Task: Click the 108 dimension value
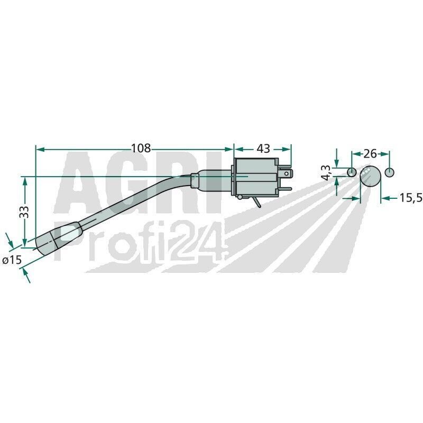pyautogui.click(x=141, y=148)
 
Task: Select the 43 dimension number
pyautogui.click(x=263, y=148)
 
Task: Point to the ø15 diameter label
pyautogui.click(x=12, y=260)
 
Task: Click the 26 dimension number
pyautogui.click(x=370, y=153)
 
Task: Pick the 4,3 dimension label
pyautogui.click(x=326, y=173)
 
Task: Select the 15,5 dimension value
pyautogui.click(x=411, y=198)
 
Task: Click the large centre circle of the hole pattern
pyautogui.click(x=371, y=176)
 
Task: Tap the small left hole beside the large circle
pyautogui.click(x=352, y=172)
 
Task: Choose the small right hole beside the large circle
pyautogui.click(x=389, y=172)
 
